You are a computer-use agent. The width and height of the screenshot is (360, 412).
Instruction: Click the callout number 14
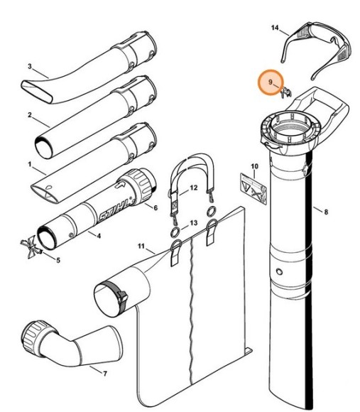point(276,28)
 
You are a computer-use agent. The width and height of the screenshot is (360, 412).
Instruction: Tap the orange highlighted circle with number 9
point(271,83)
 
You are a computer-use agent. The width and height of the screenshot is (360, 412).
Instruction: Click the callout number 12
point(193,189)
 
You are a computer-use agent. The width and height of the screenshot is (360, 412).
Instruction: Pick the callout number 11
point(141,247)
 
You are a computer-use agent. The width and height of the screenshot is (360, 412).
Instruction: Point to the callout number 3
point(29,66)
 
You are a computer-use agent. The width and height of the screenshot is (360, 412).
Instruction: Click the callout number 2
point(29,114)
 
